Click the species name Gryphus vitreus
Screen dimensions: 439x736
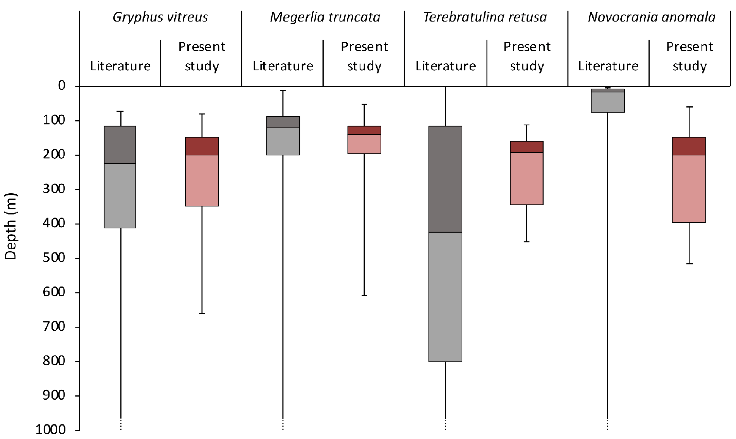(x=160, y=17)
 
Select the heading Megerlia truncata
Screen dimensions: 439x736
(x=325, y=17)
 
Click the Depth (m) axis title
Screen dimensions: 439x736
(x=11, y=226)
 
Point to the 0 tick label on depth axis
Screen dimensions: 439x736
(x=62, y=86)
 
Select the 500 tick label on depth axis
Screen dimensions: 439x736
(x=54, y=258)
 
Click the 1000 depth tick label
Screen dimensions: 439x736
(x=50, y=430)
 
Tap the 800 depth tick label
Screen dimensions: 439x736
(x=54, y=361)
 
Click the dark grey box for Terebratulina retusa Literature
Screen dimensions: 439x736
(x=445, y=179)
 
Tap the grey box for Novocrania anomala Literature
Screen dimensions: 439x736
(x=608, y=102)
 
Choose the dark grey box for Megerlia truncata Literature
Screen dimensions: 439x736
(x=283, y=122)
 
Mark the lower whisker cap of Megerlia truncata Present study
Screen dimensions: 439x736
(x=364, y=296)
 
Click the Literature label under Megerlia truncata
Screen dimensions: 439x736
(x=283, y=66)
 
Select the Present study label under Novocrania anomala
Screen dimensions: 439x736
(x=690, y=56)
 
